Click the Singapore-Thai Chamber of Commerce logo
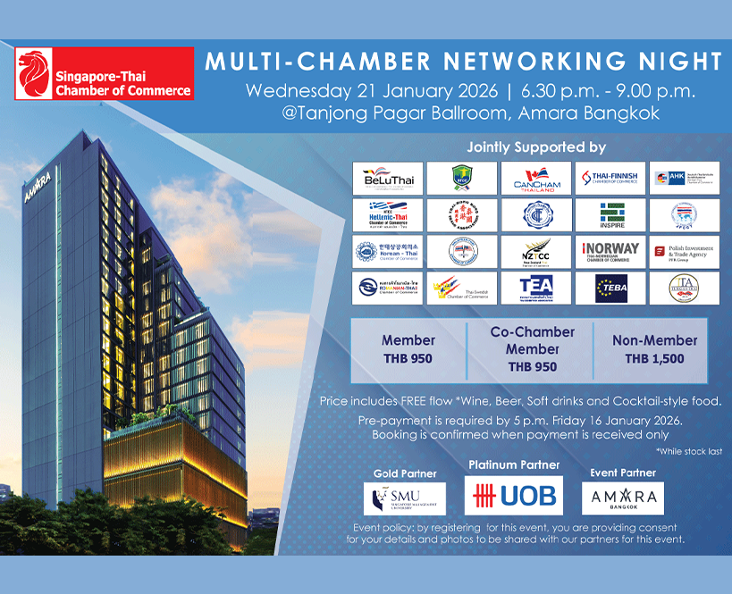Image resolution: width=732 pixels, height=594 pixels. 105,75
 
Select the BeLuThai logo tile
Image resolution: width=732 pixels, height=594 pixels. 386,178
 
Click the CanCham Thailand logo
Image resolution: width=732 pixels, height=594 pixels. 534,178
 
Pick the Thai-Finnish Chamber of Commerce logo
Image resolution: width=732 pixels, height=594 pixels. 610,178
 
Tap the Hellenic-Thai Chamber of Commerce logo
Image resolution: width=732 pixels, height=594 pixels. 386,214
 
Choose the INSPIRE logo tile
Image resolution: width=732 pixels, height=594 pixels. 610,214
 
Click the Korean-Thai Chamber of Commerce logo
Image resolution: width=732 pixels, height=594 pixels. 386,251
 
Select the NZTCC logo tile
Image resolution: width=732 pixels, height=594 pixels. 534,251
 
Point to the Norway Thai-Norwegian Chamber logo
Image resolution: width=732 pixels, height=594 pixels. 610,251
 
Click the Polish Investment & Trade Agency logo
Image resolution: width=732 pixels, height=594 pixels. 684,251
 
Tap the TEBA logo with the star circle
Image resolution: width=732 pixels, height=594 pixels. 610,288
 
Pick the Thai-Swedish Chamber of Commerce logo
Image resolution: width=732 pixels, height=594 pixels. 460,288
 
